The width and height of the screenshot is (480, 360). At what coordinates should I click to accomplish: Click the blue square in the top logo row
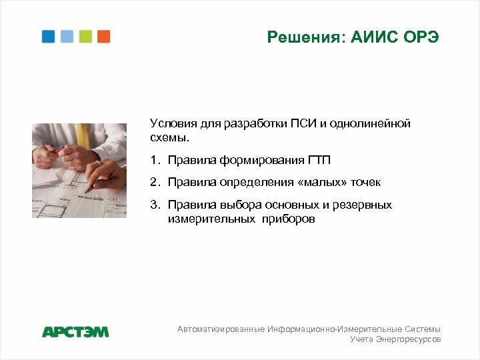[x=48, y=37]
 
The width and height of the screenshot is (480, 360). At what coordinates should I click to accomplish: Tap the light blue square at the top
[x=67, y=37]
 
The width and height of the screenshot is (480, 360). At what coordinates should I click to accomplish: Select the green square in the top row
[x=85, y=37]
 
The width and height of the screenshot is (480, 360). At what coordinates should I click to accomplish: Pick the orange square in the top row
[x=103, y=37]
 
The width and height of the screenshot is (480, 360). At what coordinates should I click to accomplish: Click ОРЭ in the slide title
[x=421, y=37]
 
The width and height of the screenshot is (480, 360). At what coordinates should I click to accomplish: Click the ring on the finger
[x=98, y=162]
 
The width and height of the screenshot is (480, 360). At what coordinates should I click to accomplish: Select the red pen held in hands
[x=56, y=147]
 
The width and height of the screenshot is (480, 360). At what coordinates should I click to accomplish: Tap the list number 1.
[x=154, y=160]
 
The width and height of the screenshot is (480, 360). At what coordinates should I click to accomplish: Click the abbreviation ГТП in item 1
[x=319, y=160]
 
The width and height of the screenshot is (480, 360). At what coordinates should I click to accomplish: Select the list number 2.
[x=154, y=182]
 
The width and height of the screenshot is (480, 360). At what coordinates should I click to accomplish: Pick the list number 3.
[x=154, y=205]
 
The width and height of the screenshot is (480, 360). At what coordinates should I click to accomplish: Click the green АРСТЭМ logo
[x=75, y=331]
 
